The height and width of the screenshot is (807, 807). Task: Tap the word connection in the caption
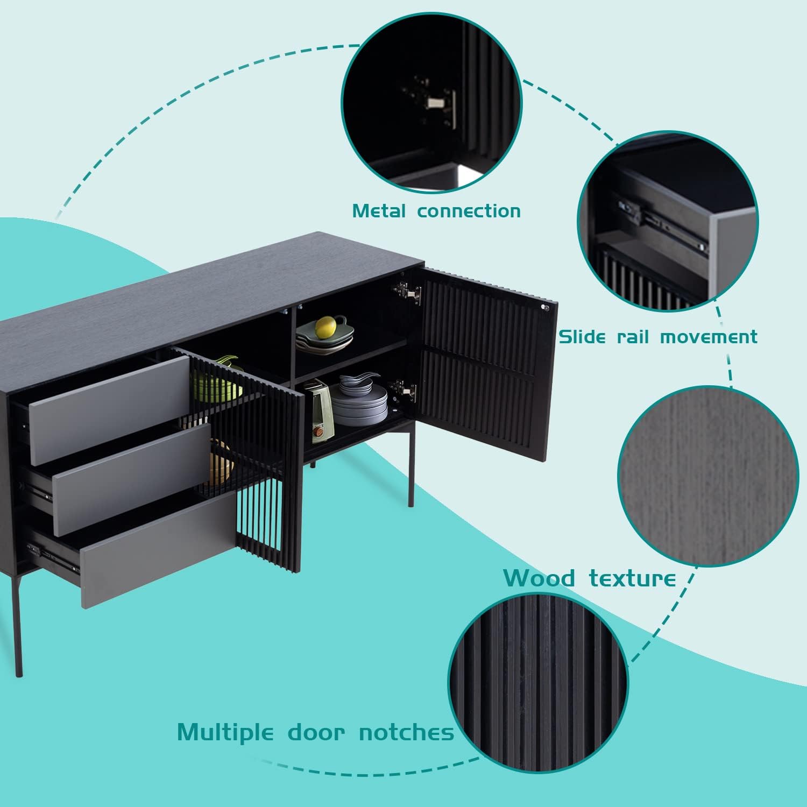[469, 211]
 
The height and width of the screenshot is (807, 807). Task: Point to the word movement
[709, 337]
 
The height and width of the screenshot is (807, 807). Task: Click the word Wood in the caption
[540, 578]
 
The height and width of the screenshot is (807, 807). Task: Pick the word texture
[632, 578]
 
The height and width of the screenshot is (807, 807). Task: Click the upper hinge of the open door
[407, 292]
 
